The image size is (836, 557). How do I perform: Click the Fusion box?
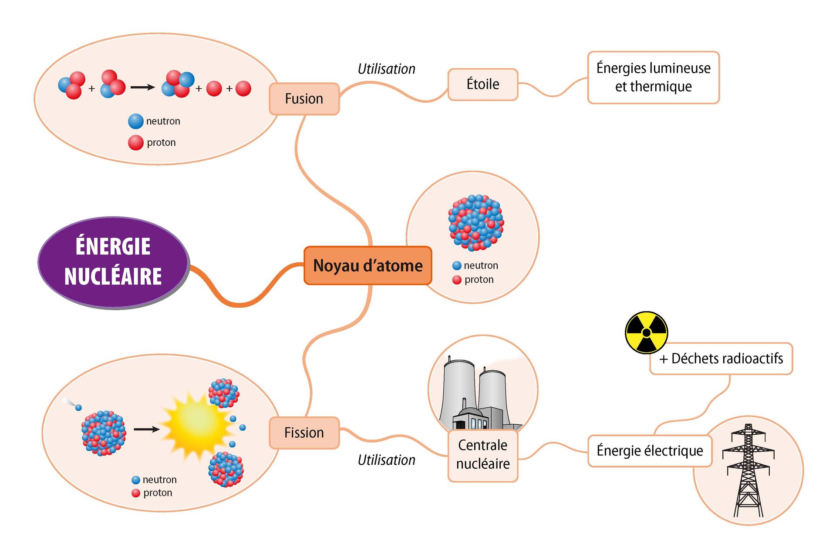click(x=304, y=99)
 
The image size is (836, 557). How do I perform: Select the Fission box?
click(x=304, y=433)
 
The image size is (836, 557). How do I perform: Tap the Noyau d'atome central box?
click(x=367, y=265)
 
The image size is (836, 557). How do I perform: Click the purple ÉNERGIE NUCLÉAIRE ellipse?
click(x=113, y=262)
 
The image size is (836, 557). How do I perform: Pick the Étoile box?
click(x=482, y=84)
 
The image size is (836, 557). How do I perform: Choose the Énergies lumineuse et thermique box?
click(x=653, y=77)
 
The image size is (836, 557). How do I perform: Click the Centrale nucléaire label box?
click(x=482, y=455)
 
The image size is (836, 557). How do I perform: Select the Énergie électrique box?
click(x=649, y=451)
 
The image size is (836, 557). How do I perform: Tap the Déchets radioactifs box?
click(x=721, y=359)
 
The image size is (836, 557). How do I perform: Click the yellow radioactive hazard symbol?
click(x=646, y=332)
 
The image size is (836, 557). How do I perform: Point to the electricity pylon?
click(x=748, y=470)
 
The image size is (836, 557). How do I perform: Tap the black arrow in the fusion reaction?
click(x=142, y=87)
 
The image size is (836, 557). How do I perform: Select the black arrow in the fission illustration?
click(x=146, y=429)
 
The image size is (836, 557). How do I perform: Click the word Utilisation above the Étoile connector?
click(x=386, y=69)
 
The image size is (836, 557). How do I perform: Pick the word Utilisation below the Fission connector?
click(x=386, y=460)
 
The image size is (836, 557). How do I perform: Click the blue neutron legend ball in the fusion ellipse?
click(x=135, y=121)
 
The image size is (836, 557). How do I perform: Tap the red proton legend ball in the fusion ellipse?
click(x=135, y=142)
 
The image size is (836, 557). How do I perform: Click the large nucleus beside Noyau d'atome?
click(x=475, y=222)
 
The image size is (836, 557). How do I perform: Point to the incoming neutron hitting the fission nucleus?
click(x=78, y=407)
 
